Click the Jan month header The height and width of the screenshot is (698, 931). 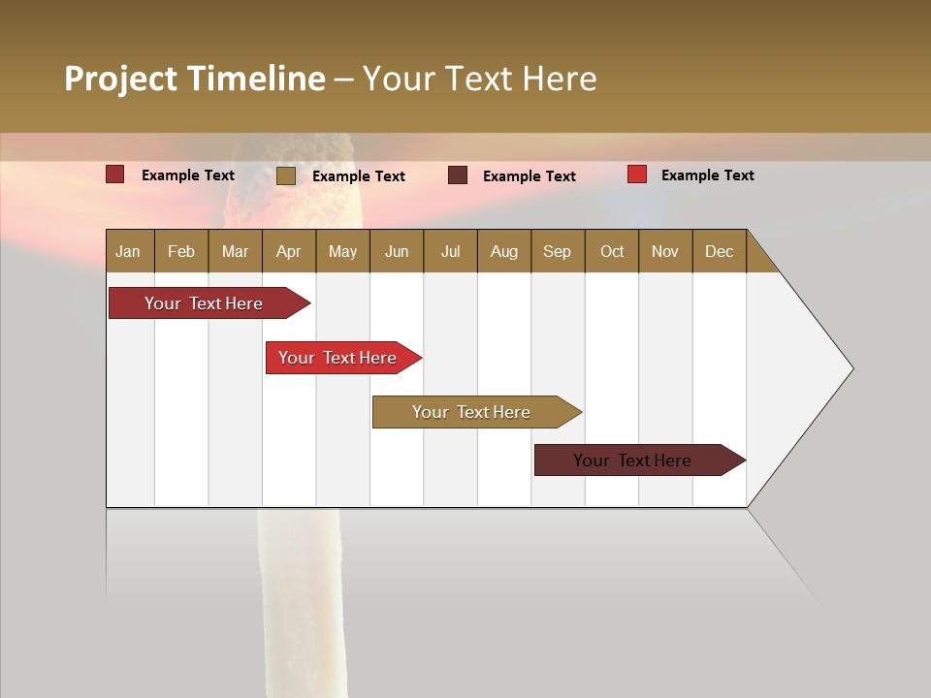pos(128,252)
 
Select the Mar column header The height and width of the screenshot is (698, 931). pos(235,252)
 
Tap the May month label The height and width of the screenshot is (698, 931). pos(342,252)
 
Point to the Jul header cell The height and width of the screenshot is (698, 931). pos(450,252)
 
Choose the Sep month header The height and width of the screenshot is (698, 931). pos(557,252)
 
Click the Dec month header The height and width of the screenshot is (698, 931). pos(719,252)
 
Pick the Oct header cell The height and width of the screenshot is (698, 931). pos(612,252)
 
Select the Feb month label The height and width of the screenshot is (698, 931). pos(181,252)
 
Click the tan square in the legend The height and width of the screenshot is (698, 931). pos(286,175)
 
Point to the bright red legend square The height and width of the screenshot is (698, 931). pos(636,174)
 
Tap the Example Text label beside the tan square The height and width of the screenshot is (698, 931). pos(358,176)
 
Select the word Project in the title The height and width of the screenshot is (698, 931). pos(121,79)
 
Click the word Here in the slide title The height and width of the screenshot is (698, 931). pos(560,79)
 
